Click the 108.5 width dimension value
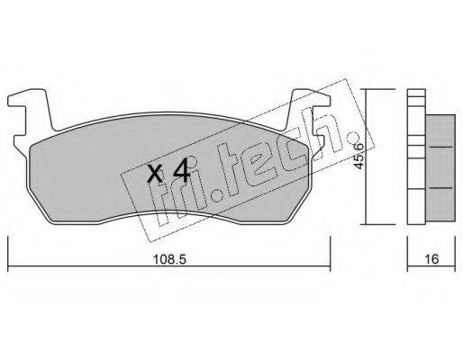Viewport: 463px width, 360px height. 169,259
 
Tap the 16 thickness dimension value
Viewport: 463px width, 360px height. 431,259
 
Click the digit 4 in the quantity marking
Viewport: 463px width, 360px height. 182,171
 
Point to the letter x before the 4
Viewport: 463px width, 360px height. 156,175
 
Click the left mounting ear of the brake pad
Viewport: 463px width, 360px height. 29,111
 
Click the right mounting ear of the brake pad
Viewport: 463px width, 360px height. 309,111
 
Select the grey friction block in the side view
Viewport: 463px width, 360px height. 440,168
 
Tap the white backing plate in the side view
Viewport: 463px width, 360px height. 416,157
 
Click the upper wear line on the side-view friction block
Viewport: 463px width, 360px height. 441,147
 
